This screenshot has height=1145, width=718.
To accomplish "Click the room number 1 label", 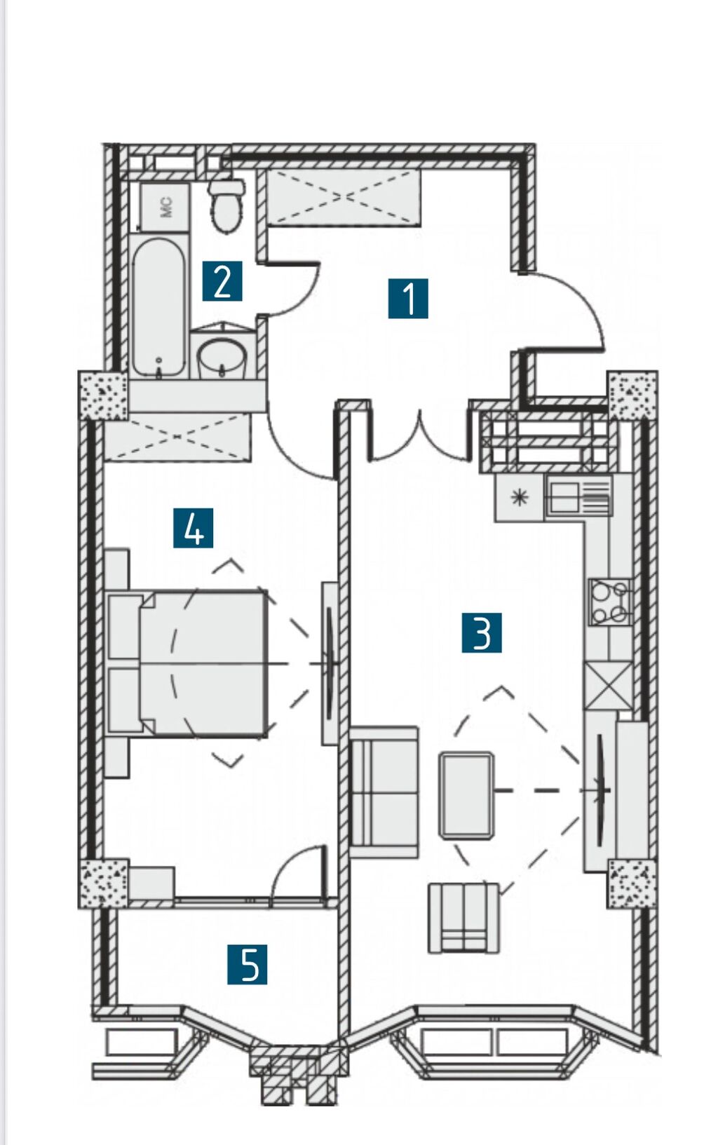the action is pos(408,298).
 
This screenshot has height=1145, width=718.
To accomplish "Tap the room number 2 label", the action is pos(222,280).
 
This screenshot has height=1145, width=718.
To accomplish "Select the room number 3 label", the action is pos(482,633).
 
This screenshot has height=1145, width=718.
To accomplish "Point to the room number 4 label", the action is pos(193,527).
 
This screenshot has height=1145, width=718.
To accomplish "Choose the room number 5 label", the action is pos(248,964).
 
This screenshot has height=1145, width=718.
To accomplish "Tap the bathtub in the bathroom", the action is pos(158,306).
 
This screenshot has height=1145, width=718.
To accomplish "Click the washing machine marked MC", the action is pos(165,207).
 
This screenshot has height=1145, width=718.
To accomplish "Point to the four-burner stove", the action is pos(609,602).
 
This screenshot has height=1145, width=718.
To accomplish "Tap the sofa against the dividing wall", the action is pos(384,792).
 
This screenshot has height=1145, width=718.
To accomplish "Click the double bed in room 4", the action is pos(188,663).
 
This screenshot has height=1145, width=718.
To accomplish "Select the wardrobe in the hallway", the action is pos(344,198).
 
